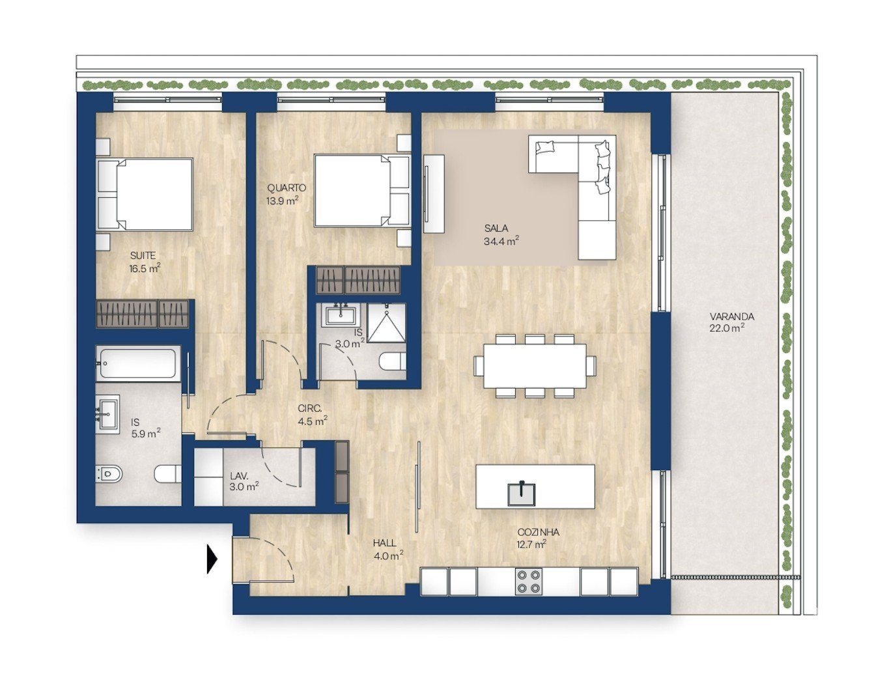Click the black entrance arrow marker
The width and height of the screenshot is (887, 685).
(212, 559)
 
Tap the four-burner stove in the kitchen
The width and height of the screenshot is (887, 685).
(529, 581)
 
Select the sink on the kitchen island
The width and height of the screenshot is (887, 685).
(521, 494)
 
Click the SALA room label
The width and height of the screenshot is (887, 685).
(496, 228)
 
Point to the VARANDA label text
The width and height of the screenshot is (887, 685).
(731, 316)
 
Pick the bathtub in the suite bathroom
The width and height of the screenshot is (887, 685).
(139, 363)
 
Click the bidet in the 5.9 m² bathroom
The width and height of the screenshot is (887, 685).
(107, 473)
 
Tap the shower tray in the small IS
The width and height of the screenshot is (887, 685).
(387, 322)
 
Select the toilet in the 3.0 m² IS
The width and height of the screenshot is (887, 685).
(393, 361)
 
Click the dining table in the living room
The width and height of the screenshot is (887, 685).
(535, 365)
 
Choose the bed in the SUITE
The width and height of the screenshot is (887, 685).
(145, 194)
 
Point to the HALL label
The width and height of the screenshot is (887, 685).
(384, 543)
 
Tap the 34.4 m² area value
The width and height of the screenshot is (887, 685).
(501, 241)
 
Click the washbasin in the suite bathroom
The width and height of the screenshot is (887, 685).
(107, 412)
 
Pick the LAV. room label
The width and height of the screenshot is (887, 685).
(239, 476)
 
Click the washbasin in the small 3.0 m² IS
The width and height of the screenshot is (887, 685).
(341, 315)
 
